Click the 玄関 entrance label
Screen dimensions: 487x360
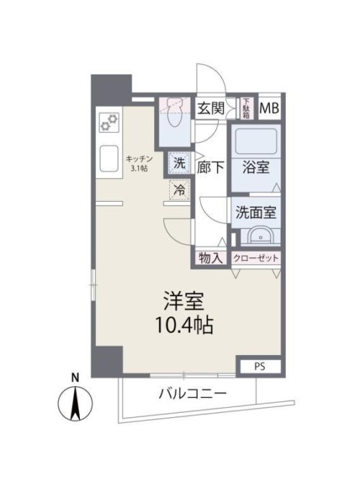tap(211, 108)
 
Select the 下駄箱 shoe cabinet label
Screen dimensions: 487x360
tap(246, 108)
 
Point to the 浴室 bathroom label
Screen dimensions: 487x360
tap(257, 166)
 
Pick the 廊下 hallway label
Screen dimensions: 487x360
tap(211, 166)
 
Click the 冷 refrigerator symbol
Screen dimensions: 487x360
tap(179, 191)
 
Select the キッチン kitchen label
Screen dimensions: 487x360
tap(138, 158)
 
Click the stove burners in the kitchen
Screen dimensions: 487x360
tap(109, 122)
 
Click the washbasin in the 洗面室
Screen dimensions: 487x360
tap(257, 236)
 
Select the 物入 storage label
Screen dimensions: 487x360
tap(210, 258)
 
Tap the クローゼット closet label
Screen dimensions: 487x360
tap(256, 258)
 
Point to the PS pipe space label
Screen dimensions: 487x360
tap(258, 367)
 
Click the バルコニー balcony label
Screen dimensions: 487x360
tap(192, 394)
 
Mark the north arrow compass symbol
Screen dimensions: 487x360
tap(76, 403)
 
